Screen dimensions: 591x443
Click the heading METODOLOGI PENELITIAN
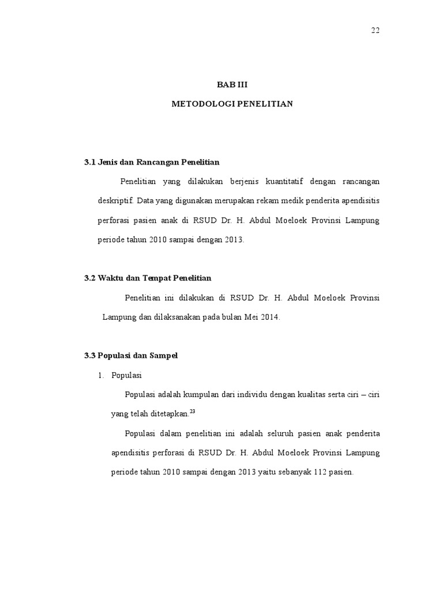pyautogui.click(x=232, y=104)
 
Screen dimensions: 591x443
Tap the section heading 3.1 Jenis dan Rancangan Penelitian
pyautogui.click(x=152, y=162)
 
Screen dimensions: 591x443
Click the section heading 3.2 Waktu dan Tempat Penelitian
pyautogui.click(x=148, y=278)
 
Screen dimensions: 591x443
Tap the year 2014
pyautogui.click(x=269, y=317)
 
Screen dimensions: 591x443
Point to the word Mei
pyautogui.click(x=250, y=317)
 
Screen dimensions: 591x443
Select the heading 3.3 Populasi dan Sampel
pyautogui.click(x=131, y=356)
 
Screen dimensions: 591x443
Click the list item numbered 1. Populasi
pyautogui.click(x=120, y=376)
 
